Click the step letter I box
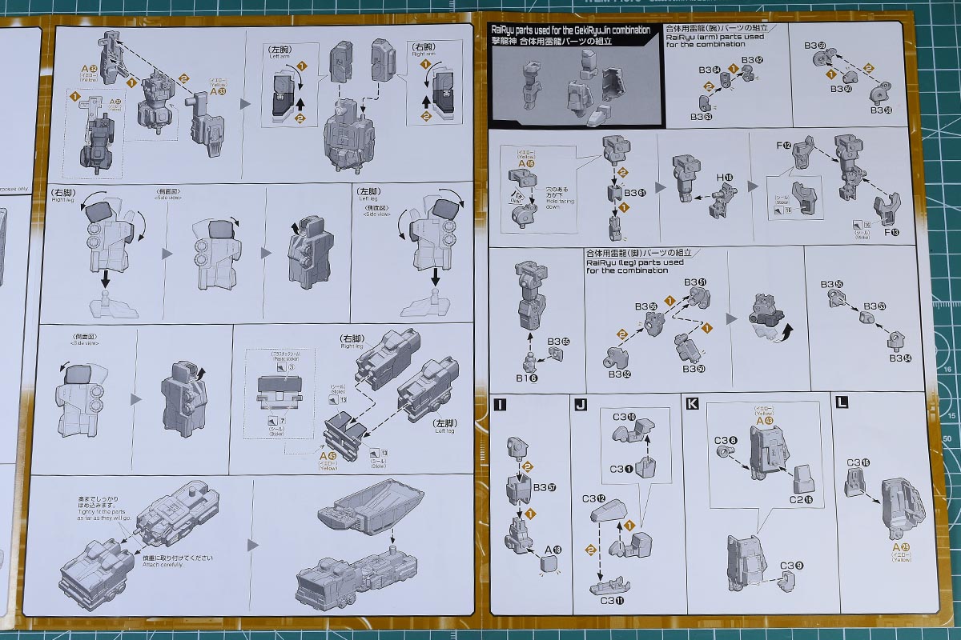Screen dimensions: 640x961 tap(501, 404)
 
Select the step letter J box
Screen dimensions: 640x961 tap(581, 404)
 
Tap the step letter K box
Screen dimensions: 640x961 tap(692, 404)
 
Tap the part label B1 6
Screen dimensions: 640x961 tap(526, 377)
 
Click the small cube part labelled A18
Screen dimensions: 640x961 tap(549, 565)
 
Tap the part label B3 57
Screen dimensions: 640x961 tap(545, 486)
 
